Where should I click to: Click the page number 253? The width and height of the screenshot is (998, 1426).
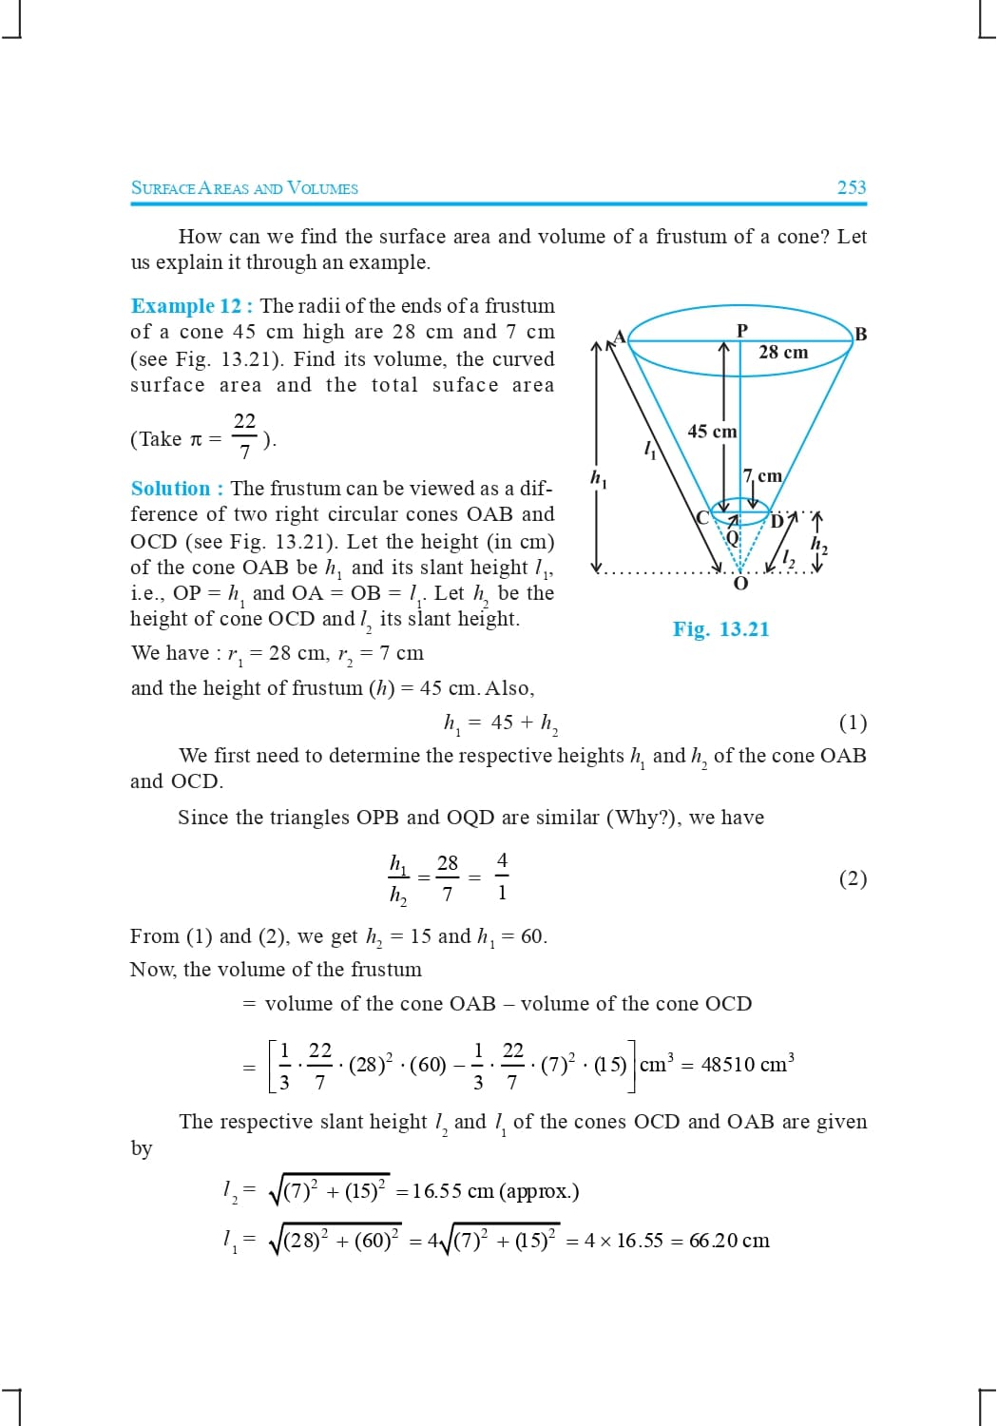851,187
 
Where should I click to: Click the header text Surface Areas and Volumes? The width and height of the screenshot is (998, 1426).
244,188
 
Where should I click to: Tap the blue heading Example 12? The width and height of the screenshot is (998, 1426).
186,306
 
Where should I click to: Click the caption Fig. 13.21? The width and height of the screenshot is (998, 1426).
720,629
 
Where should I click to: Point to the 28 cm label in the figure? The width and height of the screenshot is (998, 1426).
783,353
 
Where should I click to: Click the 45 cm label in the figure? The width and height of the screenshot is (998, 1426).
712,432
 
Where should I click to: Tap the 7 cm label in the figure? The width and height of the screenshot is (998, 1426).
762,476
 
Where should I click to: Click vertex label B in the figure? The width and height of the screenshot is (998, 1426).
860,334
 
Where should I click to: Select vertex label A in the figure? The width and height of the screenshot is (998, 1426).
620,337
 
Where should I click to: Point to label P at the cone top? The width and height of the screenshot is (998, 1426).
742,330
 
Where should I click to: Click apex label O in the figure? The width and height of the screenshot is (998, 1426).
740,584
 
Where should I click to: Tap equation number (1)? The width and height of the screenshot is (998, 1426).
853,723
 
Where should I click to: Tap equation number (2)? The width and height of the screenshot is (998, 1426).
853,878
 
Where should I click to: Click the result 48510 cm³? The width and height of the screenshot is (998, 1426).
747,1064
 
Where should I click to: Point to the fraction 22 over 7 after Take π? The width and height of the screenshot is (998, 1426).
244,435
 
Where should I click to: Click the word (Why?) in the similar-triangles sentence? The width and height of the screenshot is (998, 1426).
643,818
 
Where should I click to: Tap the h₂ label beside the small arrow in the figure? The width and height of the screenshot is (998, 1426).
818,545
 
